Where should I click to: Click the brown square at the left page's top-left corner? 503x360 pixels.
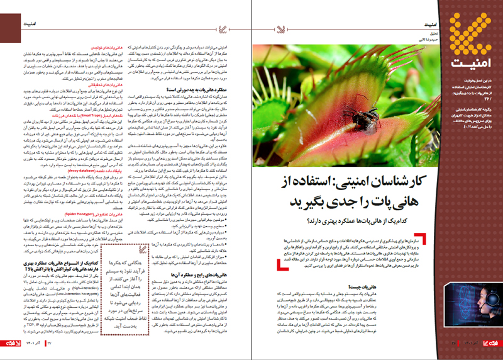click(x=5, y=5)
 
